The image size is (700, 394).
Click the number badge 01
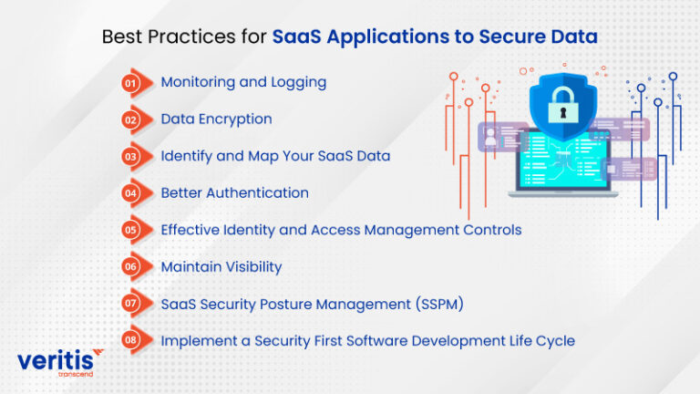point(130,82)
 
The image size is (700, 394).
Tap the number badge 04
point(130,193)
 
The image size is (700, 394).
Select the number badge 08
point(130,341)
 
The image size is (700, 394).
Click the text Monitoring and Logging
point(243,82)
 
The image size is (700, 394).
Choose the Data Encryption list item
point(216,119)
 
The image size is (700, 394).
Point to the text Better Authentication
point(234,193)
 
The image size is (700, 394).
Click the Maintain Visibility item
point(221,267)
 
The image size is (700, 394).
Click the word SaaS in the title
point(293,37)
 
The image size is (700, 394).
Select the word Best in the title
point(121,37)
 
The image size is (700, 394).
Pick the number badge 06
point(130,267)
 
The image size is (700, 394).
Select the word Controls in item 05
point(491,230)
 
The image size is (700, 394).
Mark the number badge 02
point(130,119)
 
